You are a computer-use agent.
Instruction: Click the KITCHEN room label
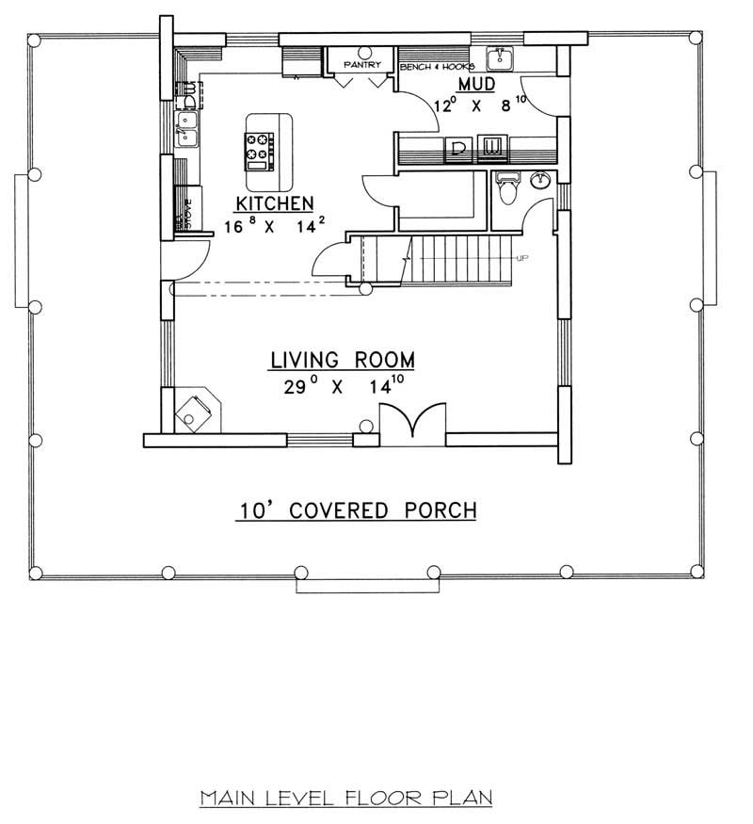(274, 203)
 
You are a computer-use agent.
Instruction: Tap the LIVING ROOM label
(343, 360)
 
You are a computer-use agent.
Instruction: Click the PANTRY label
(361, 65)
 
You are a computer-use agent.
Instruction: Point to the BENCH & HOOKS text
(435, 68)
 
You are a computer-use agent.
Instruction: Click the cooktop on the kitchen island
(259, 149)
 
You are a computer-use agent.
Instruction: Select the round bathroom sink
(541, 179)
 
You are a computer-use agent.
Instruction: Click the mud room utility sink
(500, 60)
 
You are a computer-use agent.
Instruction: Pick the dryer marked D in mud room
(458, 147)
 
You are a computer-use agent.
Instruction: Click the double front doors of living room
(411, 421)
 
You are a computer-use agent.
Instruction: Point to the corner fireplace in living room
(195, 412)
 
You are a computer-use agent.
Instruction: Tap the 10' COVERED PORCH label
(356, 510)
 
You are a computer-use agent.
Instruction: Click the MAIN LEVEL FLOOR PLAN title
(346, 800)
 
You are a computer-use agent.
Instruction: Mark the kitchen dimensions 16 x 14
(274, 226)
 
